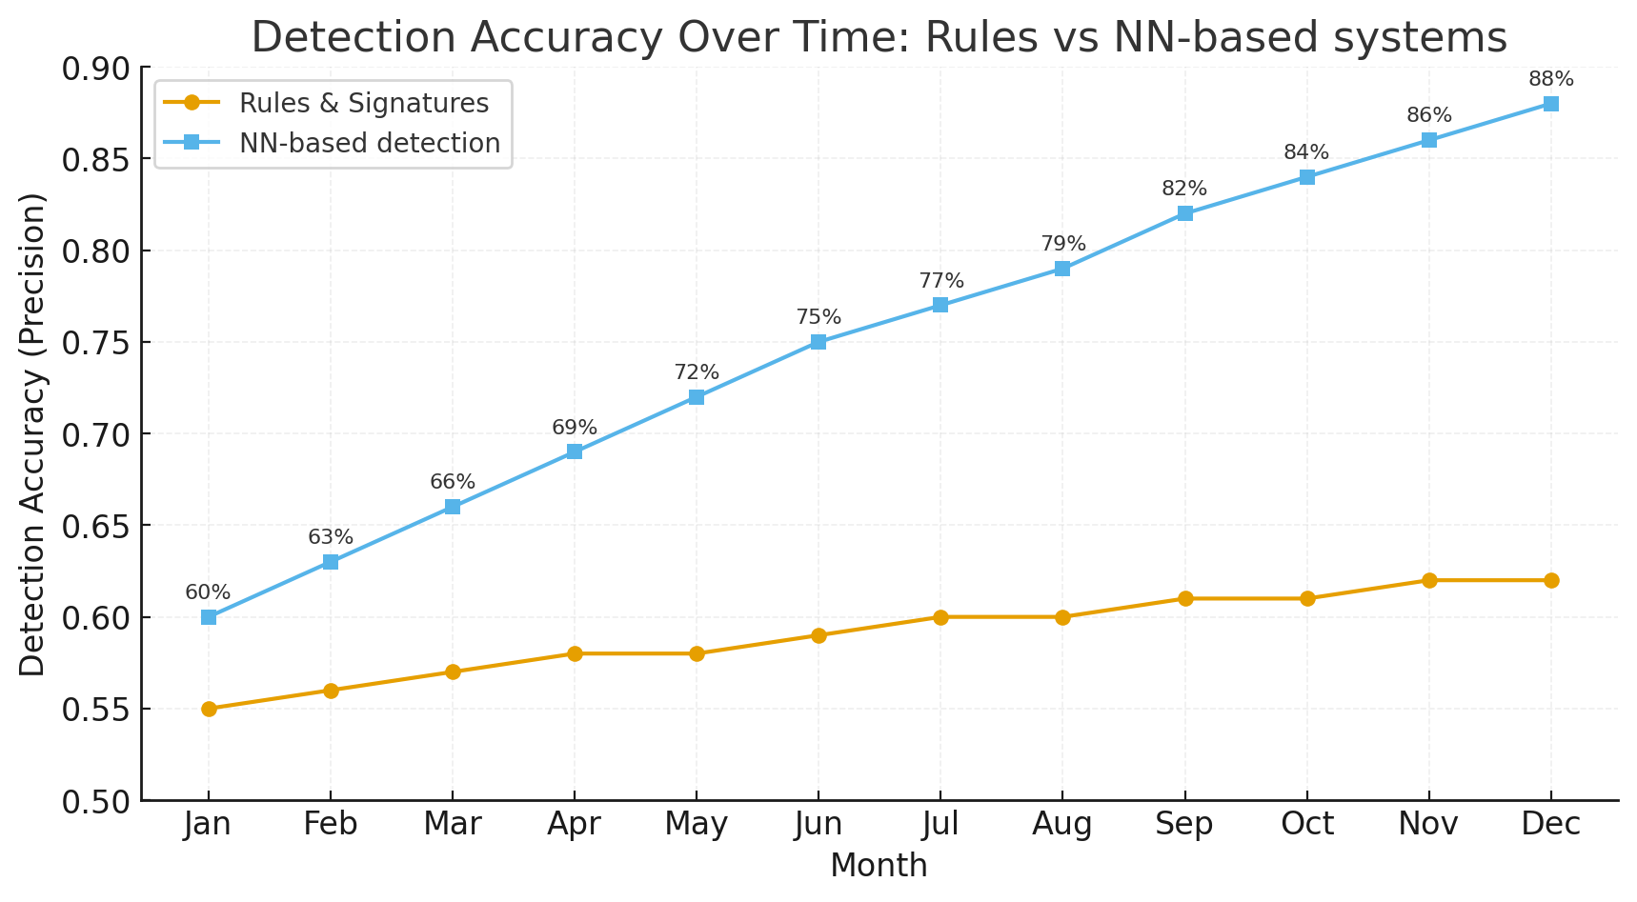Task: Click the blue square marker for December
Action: click(x=1550, y=104)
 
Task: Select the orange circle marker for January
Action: click(x=209, y=709)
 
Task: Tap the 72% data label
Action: click(x=697, y=372)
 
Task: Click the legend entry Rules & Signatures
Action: click(x=364, y=103)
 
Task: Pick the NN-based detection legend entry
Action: click(x=370, y=143)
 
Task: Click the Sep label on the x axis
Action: click(x=1184, y=824)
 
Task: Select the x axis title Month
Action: click(x=879, y=866)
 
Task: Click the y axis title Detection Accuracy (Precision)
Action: click(x=33, y=434)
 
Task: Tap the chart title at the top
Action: click(x=879, y=38)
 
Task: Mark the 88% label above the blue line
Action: click(x=1550, y=79)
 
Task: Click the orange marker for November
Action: click(x=1428, y=580)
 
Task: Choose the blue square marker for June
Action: click(x=818, y=342)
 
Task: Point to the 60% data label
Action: click(x=208, y=592)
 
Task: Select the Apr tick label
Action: click(x=575, y=824)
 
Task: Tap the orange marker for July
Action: click(x=940, y=617)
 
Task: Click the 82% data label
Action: click(x=1184, y=189)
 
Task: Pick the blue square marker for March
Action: click(x=453, y=507)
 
